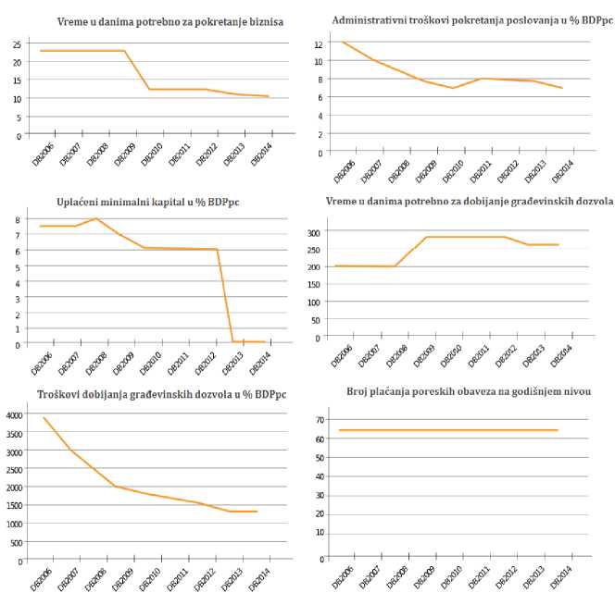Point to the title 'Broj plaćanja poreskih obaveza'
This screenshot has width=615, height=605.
tap(469, 391)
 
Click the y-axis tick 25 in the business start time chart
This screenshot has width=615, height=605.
tap(16, 43)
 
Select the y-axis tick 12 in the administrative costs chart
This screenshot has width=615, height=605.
tap(317, 43)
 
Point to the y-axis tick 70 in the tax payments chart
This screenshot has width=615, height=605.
tap(318, 419)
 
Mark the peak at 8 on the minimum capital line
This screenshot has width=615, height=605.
tap(96, 218)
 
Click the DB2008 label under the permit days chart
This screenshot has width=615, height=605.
tap(400, 356)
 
